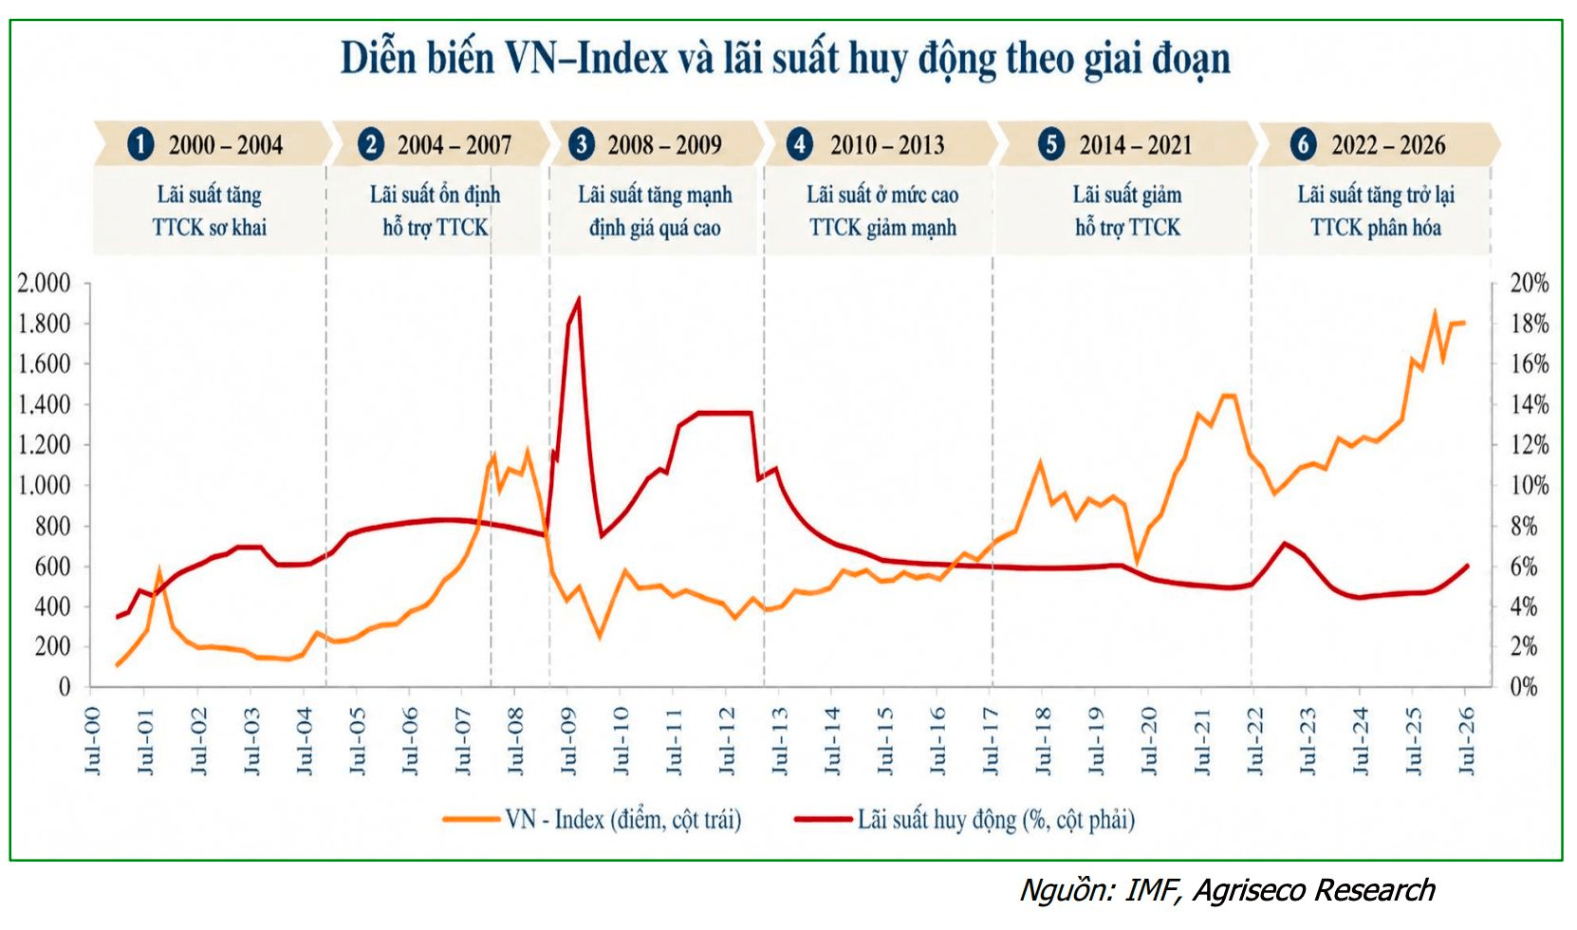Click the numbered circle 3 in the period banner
[582, 144]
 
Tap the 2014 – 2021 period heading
[1136, 145]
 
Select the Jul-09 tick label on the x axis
[568, 741]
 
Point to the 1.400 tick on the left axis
[44, 405]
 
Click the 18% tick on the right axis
[1530, 324]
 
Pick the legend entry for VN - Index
[593, 820]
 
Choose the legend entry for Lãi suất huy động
[964, 820]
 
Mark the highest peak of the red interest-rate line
[579, 299]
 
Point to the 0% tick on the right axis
[1524, 687]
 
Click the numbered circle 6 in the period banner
[1303, 144]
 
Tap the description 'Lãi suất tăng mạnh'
[655, 195]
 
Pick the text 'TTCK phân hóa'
[1376, 228]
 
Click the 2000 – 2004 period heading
[225, 145]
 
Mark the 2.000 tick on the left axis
[44, 283]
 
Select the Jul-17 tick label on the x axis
[991, 741]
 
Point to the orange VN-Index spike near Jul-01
[158, 569]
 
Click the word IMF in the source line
[1151, 890]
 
